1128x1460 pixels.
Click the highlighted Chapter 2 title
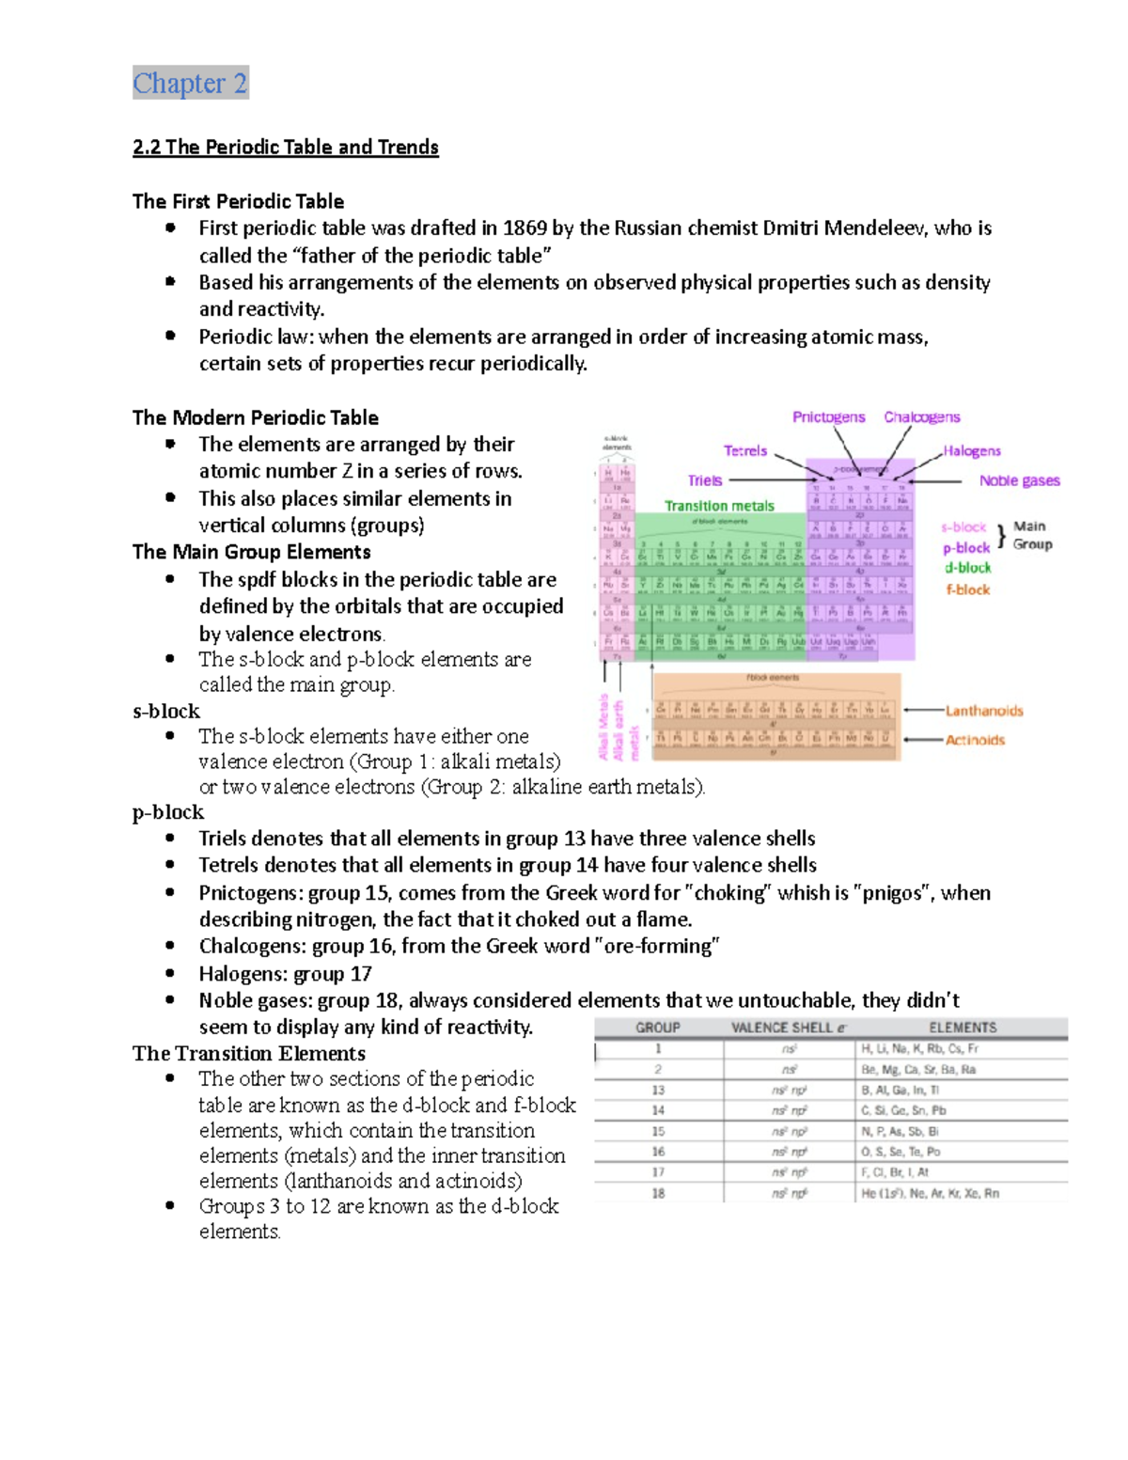click(190, 84)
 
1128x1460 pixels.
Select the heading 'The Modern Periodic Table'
click(256, 417)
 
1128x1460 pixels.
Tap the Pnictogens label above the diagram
click(828, 417)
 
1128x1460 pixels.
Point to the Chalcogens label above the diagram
click(921, 417)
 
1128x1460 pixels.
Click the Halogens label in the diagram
click(972, 451)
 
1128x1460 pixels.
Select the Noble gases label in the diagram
click(1019, 481)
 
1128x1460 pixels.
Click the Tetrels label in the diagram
click(745, 451)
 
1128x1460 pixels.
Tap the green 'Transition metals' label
click(719, 506)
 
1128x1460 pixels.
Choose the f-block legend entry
click(967, 590)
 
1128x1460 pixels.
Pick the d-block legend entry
click(967, 568)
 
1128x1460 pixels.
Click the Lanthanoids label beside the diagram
click(984, 712)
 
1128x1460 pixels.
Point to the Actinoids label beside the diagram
click(975, 741)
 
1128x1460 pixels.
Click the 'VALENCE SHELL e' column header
click(788, 1028)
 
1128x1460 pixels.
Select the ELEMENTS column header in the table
click(963, 1028)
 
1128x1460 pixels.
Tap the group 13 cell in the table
click(658, 1091)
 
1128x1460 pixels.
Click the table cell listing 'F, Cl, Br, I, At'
click(895, 1172)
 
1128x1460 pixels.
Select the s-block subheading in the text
click(166, 712)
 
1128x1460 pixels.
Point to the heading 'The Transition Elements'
click(249, 1054)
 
